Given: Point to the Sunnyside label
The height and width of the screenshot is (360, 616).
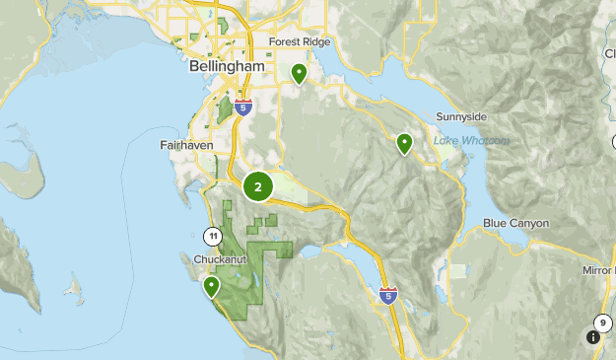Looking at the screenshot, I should [x=461, y=116].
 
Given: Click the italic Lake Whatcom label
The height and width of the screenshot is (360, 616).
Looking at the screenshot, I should [x=472, y=141].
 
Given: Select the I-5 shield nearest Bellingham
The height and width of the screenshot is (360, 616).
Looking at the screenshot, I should [x=243, y=105].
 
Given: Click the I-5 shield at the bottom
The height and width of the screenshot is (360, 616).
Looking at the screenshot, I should [x=389, y=295].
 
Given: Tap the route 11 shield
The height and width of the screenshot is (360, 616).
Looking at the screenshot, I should [x=212, y=236].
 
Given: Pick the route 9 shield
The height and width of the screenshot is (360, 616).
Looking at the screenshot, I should [x=602, y=322].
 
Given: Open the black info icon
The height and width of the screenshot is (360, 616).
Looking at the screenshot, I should [x=592, y=337].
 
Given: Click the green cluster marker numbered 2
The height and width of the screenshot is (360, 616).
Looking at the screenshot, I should [x=258, y=185].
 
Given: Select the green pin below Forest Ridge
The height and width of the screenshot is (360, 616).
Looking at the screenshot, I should [x=299, y=73].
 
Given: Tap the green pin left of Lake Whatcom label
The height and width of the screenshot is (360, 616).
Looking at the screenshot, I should [x=404, y=144].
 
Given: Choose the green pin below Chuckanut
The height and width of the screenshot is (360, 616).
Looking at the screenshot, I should [x=211, y=287].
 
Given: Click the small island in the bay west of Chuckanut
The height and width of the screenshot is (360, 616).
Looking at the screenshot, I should [x=73, y=291].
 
